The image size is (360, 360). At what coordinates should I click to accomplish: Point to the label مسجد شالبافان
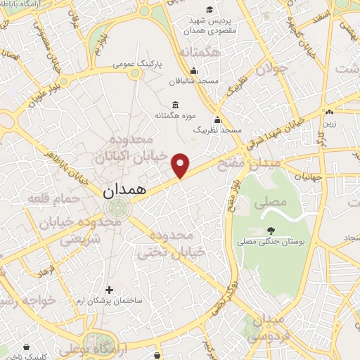point(195,81)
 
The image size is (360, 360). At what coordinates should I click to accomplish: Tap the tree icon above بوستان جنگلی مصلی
point(271,229)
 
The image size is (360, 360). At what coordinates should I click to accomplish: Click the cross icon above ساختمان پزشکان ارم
point(109,289)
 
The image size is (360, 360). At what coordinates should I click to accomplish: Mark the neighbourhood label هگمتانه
point(200,53)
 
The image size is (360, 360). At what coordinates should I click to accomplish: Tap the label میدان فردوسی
point(271,327)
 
